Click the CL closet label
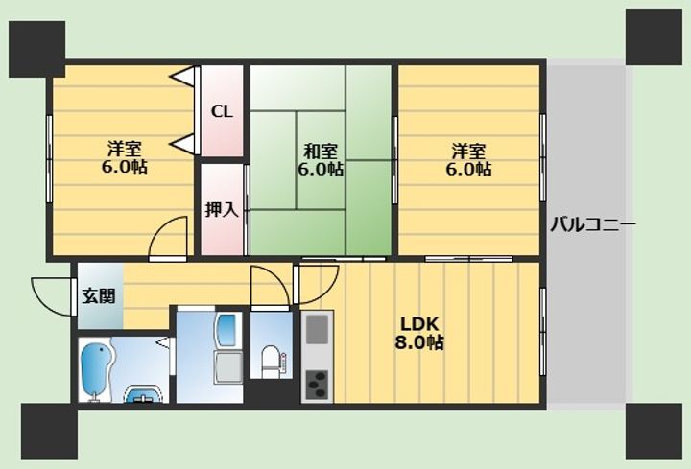point(222,111)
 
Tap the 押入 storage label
point(222,210)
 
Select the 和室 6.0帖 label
point(321,160)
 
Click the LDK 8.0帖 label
point(419,334)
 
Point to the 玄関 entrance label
point(99,296)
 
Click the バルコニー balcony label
point(593,224)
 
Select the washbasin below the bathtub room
point(144,394)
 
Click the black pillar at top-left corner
point(37,49)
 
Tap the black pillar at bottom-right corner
point(654,432)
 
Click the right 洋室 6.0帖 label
point(468,160)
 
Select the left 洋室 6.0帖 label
point(125,157)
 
